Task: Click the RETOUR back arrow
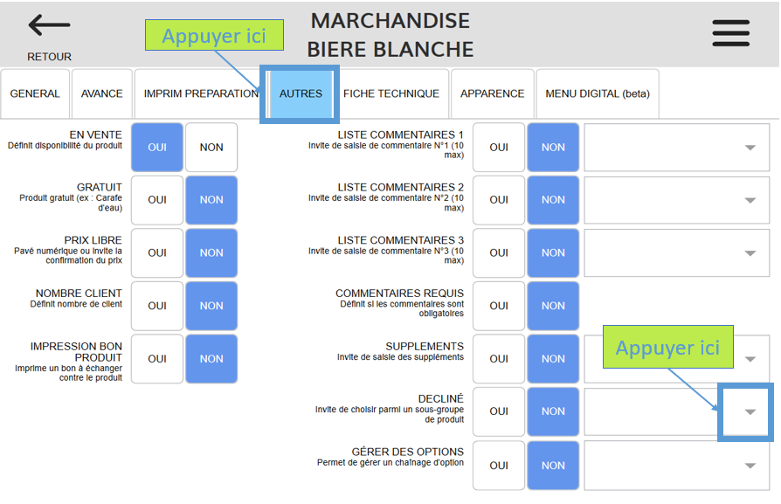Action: [x=49, y=26]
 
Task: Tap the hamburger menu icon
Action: [x=730, y=32]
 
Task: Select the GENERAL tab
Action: [x=35, y=93]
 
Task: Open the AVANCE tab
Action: [x=102, y=93]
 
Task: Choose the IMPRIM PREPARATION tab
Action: [x=200, y=93]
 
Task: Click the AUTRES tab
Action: [x=301, y=93]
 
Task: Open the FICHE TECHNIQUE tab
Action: [x=391, y=93]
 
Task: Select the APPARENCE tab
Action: [x=493, y=93]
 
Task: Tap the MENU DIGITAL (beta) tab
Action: [x=598, y=93]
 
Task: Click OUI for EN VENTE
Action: [x=157, y=148]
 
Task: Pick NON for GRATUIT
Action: [x=211, y=200]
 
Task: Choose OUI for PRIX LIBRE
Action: [x=157, y=253]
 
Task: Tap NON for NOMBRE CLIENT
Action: [x=211, y=306]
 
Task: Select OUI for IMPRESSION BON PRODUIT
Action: [x=157, y=359]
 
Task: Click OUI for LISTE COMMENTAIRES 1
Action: [x=499, y=148]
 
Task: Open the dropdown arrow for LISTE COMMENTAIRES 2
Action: [x=750, y=200]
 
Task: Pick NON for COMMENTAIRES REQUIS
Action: [x=553, y=306]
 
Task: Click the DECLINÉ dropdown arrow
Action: [x=749, y=412]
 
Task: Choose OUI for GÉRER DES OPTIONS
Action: [x=499, y=466]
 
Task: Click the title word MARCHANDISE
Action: [x=390, y=20]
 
